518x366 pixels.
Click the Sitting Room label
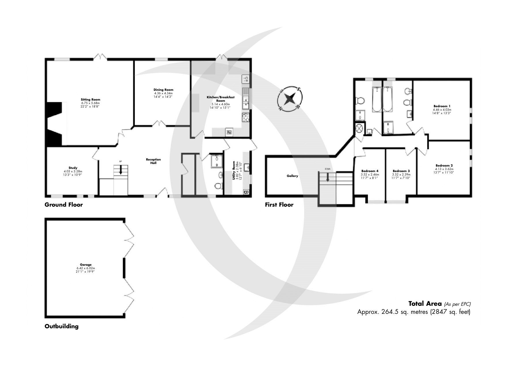[x=90, y=99]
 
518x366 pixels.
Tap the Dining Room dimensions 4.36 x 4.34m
[x=163, y=93]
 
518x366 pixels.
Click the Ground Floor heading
[x=64, y=205]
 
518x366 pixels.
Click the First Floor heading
[x=279, y=205]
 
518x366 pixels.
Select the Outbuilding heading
[x=61, y=326]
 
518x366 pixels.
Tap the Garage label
[x=86, y=265]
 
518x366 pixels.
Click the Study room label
[x=73, y=168]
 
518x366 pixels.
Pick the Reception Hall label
[x=153, y=161]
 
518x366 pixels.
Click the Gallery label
[x=292, y=176]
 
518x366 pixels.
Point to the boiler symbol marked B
[x=246, y=192]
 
